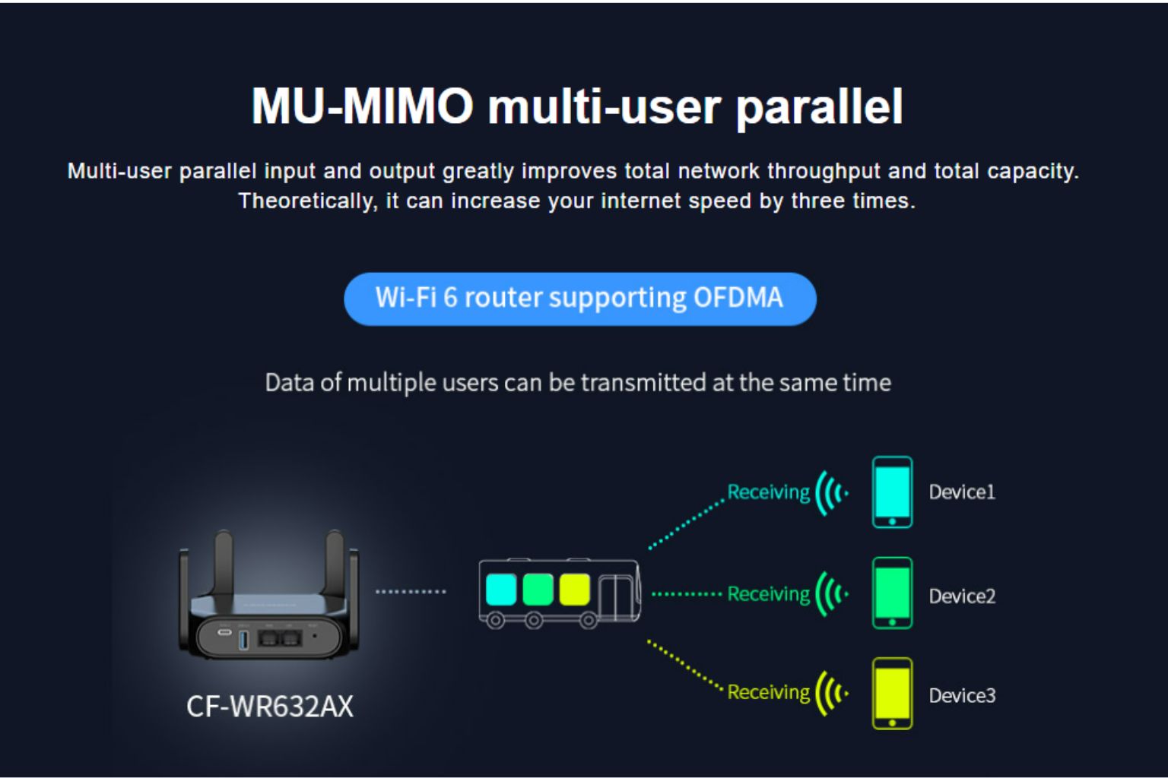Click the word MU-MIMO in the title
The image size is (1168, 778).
point(363,106)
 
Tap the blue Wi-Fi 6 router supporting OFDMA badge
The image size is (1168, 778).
point(579,299)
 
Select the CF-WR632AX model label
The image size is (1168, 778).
point(270,707)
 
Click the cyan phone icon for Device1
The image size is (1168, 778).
point(892,492)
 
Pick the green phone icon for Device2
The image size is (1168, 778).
point(892,593)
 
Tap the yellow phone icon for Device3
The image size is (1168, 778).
point(892,693)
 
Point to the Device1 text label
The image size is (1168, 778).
point(961,492)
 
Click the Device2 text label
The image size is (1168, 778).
point(961,596)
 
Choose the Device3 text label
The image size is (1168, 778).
point(961,695)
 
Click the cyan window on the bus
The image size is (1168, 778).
point(501,590)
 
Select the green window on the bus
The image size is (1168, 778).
point(538,590)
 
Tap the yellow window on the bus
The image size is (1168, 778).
point(574,590)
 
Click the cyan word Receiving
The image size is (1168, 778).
point(768,492)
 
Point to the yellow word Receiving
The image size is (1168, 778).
point(768,692)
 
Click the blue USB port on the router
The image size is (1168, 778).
point(243,638)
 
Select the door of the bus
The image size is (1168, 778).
point(616,597)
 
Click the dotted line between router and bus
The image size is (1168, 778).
point(411,591)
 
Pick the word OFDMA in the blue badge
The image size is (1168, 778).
point(738,298)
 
